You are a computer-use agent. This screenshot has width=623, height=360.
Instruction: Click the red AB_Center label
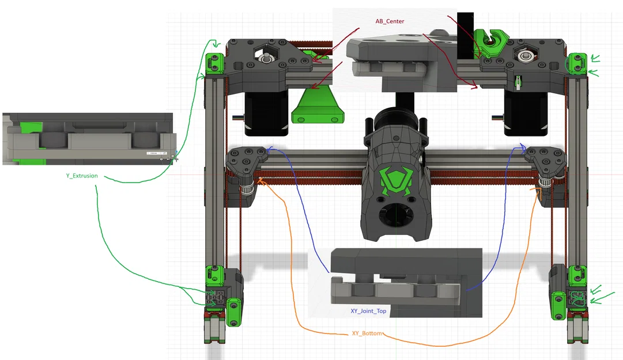tap(390, 21)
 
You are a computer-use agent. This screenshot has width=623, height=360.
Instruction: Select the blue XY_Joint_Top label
tap(368, 311)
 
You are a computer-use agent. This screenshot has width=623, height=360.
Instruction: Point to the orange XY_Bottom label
tap(367, 334)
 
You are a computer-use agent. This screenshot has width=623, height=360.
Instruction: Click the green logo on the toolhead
tap(395, 181)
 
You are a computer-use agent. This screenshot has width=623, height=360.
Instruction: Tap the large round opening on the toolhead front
tap(394, 217)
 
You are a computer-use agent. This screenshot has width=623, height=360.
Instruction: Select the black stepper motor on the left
tap(266, 113)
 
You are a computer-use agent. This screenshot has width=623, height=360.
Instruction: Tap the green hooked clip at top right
tap(493, 40)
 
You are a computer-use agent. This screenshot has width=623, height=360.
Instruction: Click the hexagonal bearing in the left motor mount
tap(266, 58)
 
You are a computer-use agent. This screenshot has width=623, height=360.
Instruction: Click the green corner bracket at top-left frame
tap(215, 63)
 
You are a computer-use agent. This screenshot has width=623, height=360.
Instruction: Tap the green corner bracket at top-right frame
tap(577, 63)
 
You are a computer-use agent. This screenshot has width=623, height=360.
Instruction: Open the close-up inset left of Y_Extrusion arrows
tap(88, 138)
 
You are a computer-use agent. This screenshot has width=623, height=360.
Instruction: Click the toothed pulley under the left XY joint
tap(247, 187)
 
